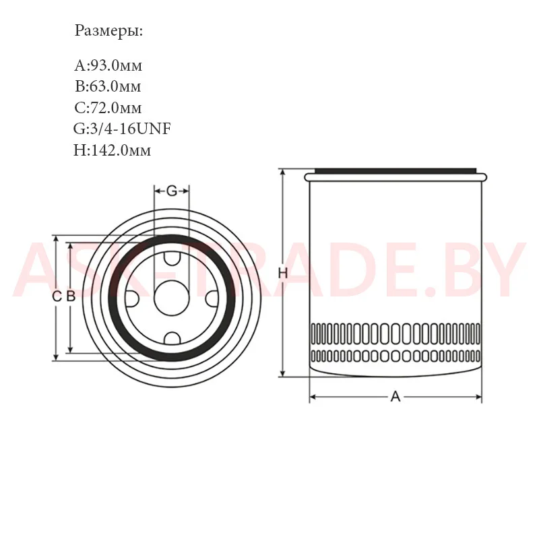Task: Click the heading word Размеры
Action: click(108, 31)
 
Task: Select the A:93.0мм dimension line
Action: click(108, 65)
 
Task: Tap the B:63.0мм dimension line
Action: click(108, 86)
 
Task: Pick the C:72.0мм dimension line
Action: click(108, 108)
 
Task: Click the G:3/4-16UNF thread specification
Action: click(122, 129)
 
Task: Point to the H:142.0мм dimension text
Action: click(112, 150)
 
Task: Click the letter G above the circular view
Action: click(172, 191)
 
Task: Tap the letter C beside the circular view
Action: click(57, 296)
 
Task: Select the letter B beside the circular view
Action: click(71, 296)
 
